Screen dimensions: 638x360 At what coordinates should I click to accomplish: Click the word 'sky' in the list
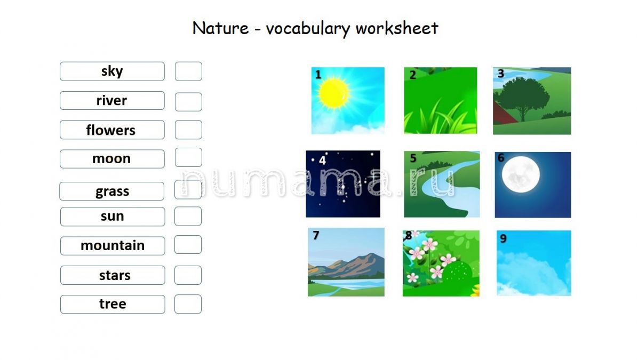[112, 71]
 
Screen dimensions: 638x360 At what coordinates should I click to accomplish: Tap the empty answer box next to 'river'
[188, 102]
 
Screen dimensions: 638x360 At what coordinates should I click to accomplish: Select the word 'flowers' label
[110, 130]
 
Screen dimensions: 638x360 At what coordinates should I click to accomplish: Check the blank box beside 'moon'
[188, 157]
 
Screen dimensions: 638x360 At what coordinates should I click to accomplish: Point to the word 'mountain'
[113, 245]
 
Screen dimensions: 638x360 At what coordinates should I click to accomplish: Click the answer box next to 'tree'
[188, 304]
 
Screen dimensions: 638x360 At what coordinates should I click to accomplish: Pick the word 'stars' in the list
[115, 275]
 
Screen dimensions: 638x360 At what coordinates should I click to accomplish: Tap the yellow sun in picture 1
[333, 93]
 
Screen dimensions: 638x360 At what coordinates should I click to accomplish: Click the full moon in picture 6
[521, 174]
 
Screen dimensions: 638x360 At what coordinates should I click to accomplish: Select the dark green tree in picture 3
[522, 98]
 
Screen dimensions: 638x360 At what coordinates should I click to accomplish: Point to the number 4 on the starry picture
[322, 161]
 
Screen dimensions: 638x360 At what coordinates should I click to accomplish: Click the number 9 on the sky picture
[504, 238]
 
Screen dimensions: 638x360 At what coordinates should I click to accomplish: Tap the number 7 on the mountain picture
[316, 235]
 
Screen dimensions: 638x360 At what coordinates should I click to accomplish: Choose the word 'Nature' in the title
[220, 28]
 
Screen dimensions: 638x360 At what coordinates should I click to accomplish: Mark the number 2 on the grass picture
[412, 75]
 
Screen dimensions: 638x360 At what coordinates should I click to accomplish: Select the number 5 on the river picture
[413, 158]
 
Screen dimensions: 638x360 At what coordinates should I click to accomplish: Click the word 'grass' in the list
[113, 191]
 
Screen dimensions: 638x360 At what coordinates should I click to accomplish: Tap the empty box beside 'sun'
[188, 216]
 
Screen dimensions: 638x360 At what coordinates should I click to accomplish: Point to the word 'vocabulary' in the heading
[308, 28]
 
